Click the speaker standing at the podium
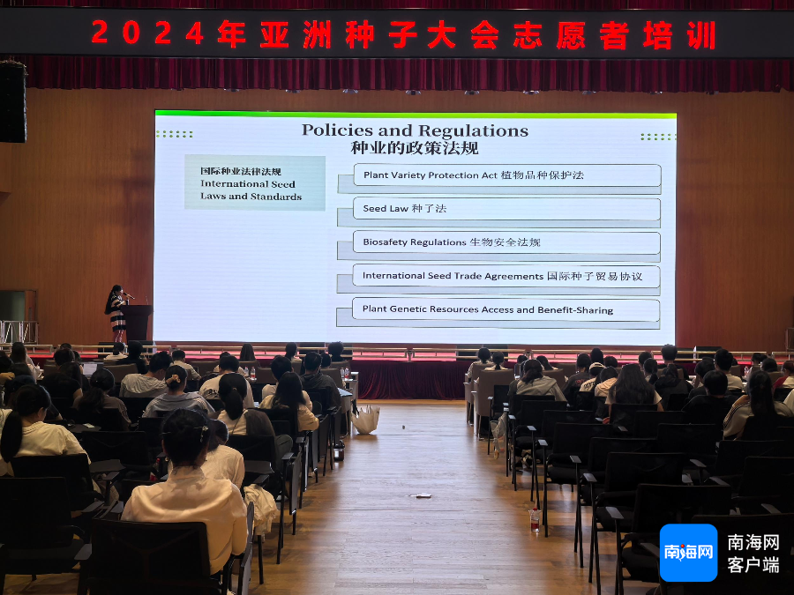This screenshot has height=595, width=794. pos(116,313)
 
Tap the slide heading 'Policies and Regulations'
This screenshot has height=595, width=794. pos(415,130)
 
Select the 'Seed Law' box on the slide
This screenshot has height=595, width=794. pos(506,208)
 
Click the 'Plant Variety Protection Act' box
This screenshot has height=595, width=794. pos(507,175)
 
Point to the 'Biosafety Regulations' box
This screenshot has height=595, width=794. pos(506,242)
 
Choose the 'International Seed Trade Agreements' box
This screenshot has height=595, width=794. pos(506,276)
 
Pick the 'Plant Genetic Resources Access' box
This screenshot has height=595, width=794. pos(506,309)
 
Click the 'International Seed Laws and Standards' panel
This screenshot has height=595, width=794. pos(255,182)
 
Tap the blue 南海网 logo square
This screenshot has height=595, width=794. pos(688,553)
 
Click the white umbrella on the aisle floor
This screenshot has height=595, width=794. pos(365,420)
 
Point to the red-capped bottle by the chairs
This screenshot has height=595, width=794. pos(535,519)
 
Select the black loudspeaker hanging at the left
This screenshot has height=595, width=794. pos(12,101)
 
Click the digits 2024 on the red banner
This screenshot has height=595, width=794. pos(148,33)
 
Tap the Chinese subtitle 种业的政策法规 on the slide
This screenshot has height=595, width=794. pos(415,148)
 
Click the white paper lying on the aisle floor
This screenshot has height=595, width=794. pos(420,495)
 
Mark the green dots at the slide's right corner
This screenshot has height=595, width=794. pos(658,137)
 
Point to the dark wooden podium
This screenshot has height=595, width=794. pos(137,323)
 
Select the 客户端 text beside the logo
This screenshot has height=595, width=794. pos(753,565)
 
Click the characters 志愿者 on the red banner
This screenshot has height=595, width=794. pos(571,35)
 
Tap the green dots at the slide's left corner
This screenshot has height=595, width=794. pos(174,134)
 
